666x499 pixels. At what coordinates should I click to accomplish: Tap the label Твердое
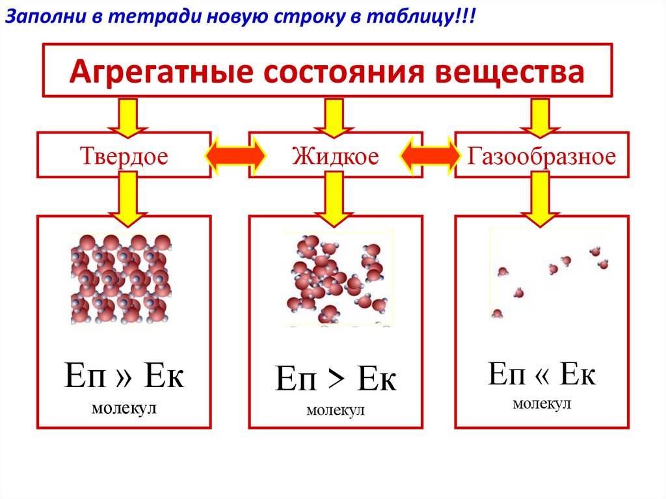(124, 156)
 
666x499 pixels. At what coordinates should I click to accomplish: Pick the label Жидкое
(335, 156)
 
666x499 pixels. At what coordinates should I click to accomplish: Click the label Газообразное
(541, 156)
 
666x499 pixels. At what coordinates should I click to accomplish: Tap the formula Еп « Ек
(542, 375)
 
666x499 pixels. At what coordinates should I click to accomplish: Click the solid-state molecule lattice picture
(121, 278)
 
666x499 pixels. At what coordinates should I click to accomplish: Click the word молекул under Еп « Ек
(542, 404)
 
